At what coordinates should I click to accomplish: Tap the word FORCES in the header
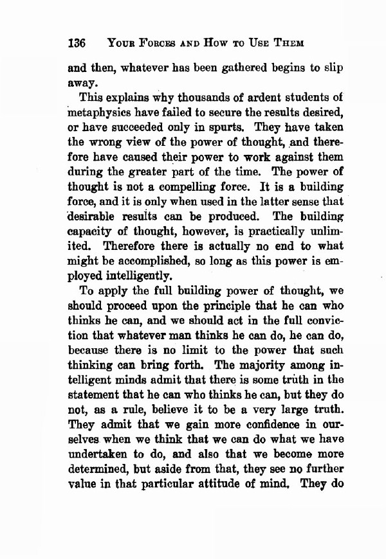tap(147, 44)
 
